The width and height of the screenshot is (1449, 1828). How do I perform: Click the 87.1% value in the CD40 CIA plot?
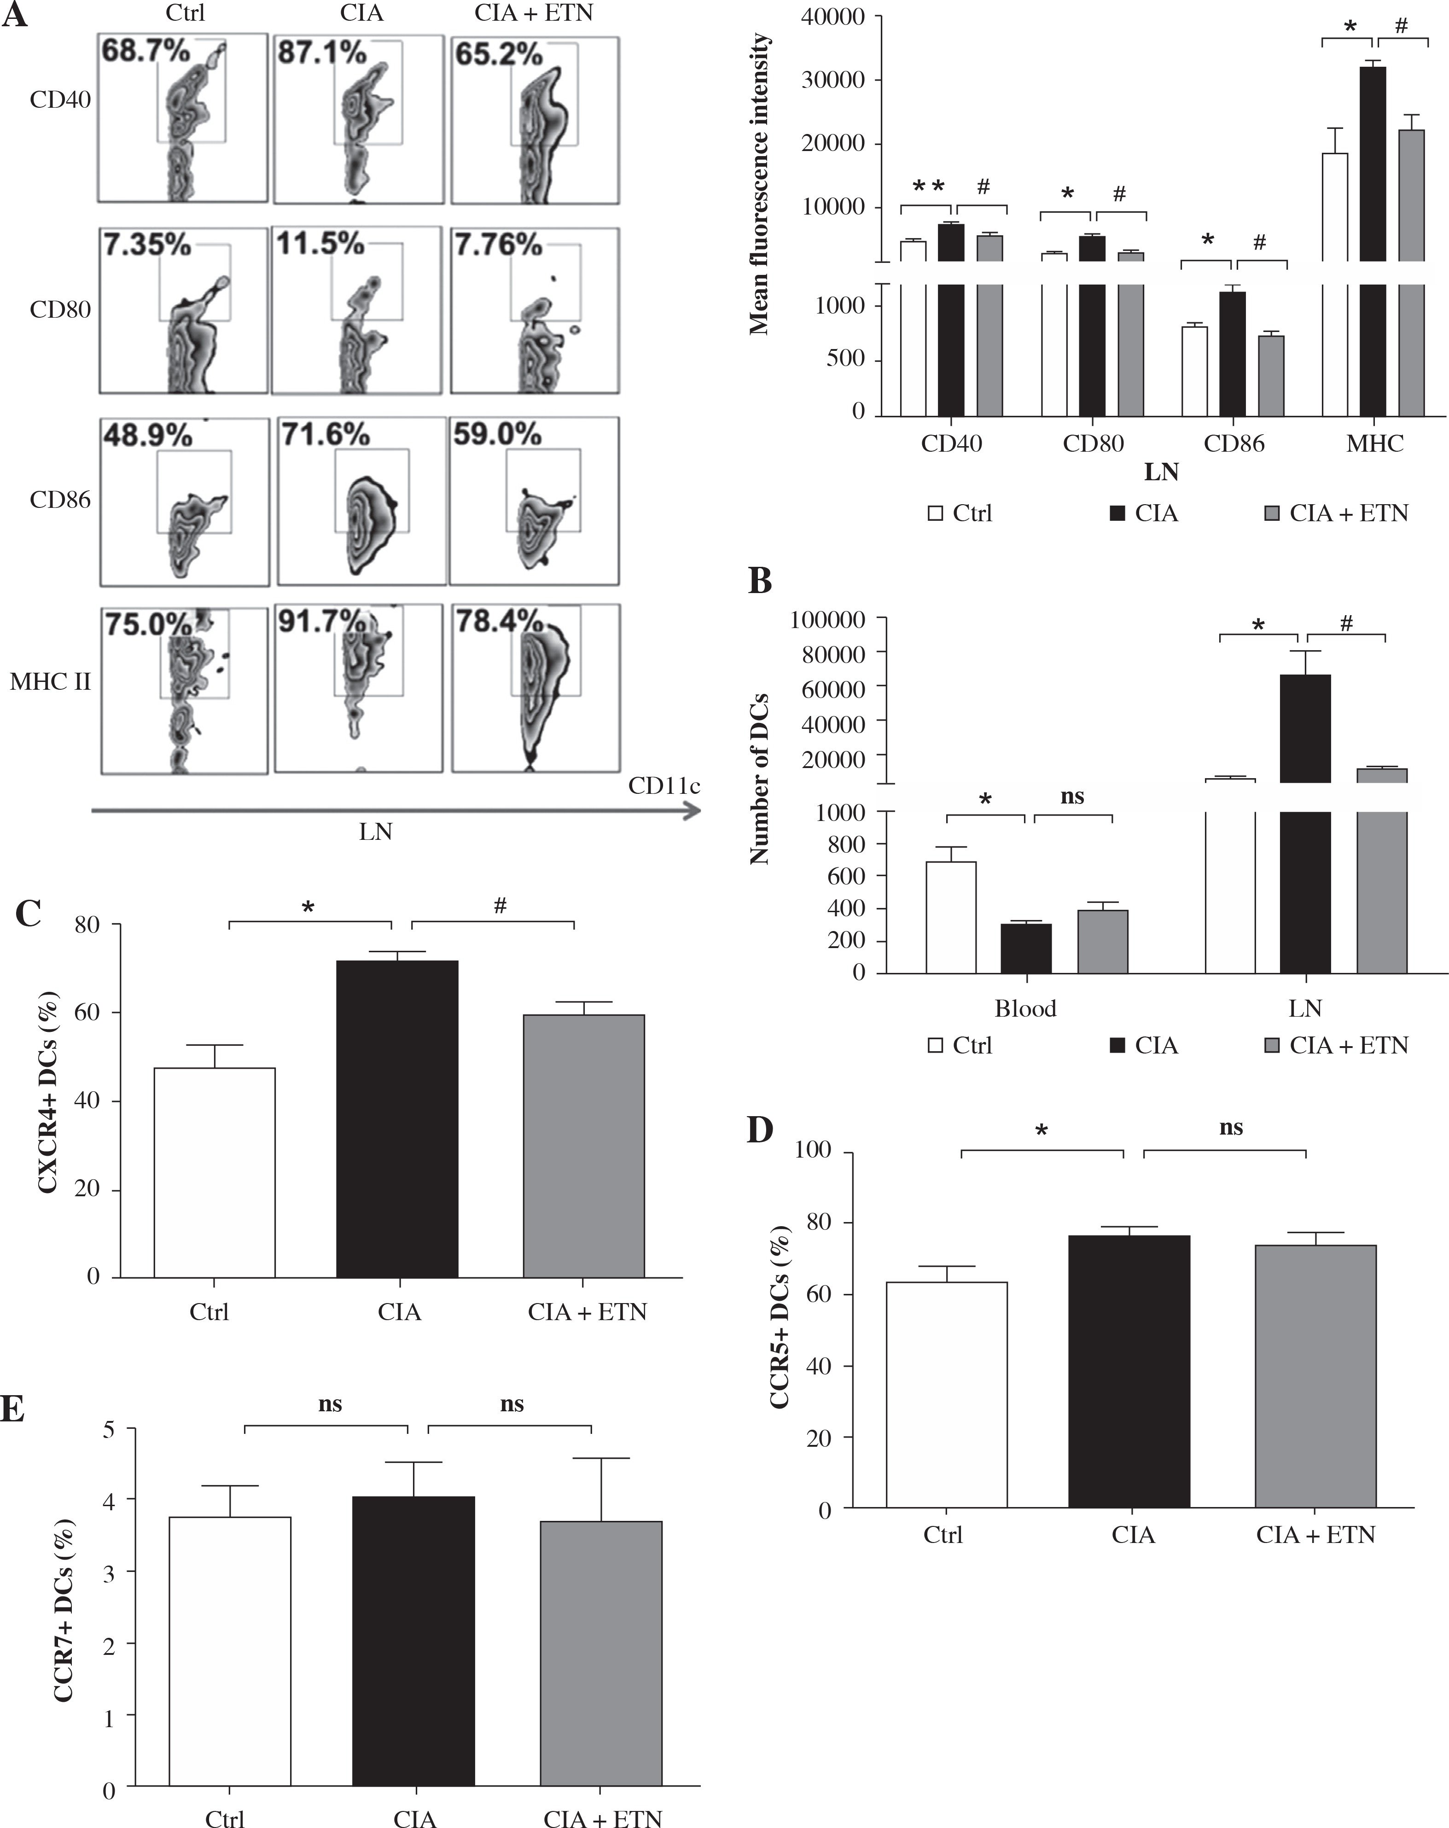322,52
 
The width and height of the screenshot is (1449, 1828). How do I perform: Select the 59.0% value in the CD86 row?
497,434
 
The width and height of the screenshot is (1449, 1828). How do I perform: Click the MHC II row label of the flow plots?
50,681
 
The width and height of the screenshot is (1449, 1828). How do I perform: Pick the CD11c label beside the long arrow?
664,786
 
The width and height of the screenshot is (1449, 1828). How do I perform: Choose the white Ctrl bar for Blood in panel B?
950,917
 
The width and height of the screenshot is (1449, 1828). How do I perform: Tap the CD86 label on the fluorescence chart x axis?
1234,443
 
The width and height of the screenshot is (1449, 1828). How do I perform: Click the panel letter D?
760,1130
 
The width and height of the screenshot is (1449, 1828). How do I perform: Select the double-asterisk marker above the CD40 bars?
928,186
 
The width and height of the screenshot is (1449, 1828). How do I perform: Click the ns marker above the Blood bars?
1072,796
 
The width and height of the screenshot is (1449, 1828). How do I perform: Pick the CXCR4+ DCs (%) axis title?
48,1093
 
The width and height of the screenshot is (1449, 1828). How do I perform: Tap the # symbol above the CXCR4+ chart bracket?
500,906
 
